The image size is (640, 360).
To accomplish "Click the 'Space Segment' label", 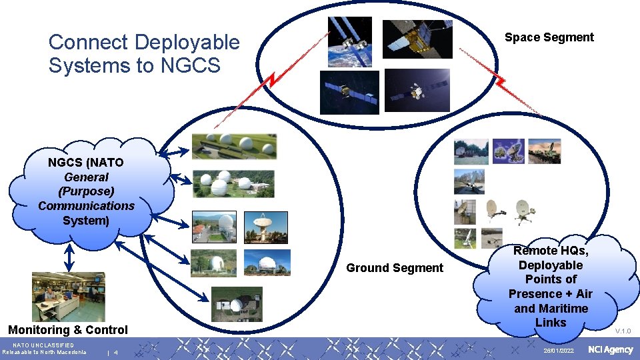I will click(x=549, y=37).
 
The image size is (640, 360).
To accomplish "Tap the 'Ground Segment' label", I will click(x=394, y=268).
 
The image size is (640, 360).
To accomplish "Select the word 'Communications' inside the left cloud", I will click(x=86, y=206).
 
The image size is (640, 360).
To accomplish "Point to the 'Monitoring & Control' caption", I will click(x=67, y=330).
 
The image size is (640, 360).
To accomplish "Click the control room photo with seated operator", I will click(x=68, y=296).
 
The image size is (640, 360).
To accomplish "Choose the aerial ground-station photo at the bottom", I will click(x=237, y=304).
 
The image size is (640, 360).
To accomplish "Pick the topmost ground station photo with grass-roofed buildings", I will click(x=233, y=146).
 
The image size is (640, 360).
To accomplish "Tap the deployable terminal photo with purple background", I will click(x=508, y=151).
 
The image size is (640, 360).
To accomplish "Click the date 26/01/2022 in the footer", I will click(x=558, y=351).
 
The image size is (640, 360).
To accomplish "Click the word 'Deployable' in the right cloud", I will click(x=550, y=265).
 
